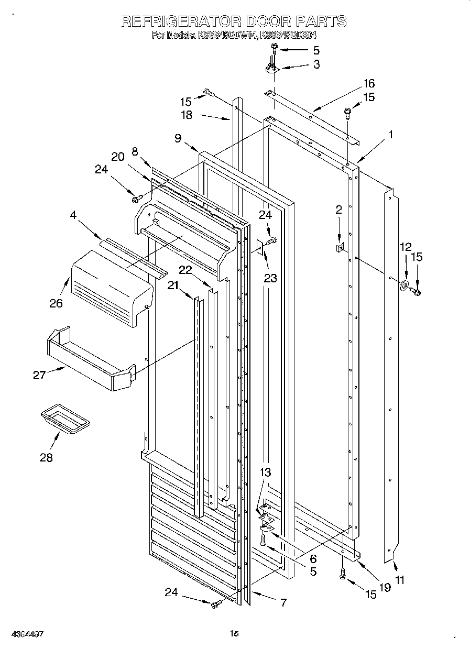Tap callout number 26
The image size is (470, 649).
(x=56, y=303)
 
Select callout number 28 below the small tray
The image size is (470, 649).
(x=46, y=457)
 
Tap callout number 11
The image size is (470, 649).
(x=400, y=580)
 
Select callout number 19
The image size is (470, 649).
(x=385, y=587)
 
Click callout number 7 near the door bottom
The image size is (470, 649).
(x=283, y=602)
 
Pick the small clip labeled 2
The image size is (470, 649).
(x=339, y=246)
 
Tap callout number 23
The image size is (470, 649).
(x=270, y=278)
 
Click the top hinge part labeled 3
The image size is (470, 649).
(x=271, y=68)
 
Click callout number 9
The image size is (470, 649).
(x=178, y=138)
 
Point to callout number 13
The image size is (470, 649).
(x=265, y=472)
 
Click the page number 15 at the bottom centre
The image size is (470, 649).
(x=235, y=634)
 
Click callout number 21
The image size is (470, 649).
(x=173, y=284)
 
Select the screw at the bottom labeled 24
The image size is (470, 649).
(x=215, y=605)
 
